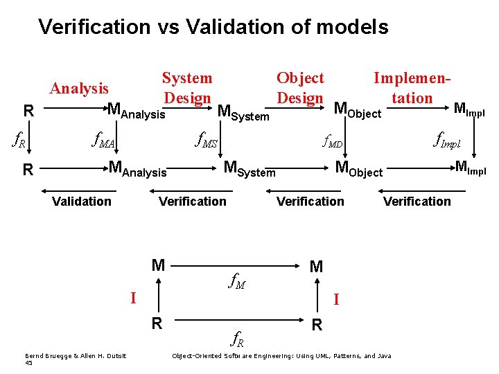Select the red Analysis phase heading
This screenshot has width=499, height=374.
(79, 89)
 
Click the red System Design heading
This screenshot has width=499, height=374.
(187, 88)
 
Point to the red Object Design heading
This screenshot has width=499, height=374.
(300, 88)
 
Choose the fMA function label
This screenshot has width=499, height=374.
(104, 142)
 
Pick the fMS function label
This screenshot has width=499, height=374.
(207, 142)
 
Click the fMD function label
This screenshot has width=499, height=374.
(333, 143)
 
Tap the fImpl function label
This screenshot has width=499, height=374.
(446, 142)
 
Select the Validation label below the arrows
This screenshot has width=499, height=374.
(82, 202)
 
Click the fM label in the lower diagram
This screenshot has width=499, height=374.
(237, 281)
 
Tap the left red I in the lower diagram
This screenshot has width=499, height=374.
(133, 299)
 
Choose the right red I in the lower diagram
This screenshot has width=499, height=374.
(335, 299)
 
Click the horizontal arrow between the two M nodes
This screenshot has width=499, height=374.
(236, 265)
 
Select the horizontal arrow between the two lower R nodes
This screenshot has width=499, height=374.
(236, 323)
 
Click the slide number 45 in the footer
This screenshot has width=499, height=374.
(28, 363)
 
